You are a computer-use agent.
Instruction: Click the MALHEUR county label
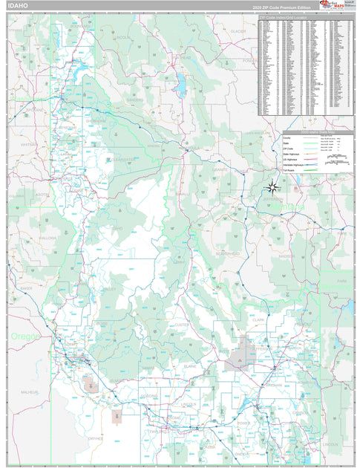pyautogui.click(x=30, y=391)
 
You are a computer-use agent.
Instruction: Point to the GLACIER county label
pyautogui.click(x=238, y=31)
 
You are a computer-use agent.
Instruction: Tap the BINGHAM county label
pyautogui.click(x=272, y=387)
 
